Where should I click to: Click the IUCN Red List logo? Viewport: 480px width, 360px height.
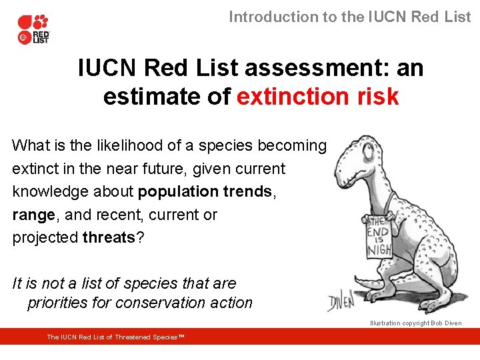tap(33, 29)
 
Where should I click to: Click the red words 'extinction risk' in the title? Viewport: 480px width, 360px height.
tap(317, 97)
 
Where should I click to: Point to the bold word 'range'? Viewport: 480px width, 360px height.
tap(33, 215)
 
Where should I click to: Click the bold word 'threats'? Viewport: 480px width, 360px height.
tap(109, 239)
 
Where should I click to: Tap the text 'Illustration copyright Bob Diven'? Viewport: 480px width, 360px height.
tap(415, 323)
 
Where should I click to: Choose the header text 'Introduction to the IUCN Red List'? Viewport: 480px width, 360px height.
tap(349, 17)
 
